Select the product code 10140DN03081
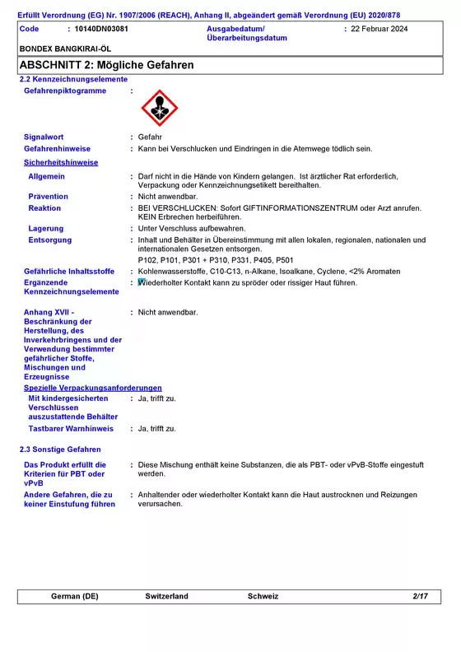pyautogui.click(x=101, y=29)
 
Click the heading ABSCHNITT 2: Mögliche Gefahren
pyautogui.click(x=106, y=64)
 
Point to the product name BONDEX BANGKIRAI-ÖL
pyautogui.click(x=65, y=49)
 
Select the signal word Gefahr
pyautogui.click(x=150, y=137)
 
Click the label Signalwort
pyautogui.click(x=44, y=137)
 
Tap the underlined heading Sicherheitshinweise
pyautogui.click(x=61, y=162)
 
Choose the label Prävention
pyautogui.click(x=49, y=197)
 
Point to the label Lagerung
pyautogui.click(x=46, y=228)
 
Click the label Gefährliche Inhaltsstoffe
pyautogui.click(x=69, y=271)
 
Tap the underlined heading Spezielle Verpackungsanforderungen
pyautogui.click(x=93, y=388)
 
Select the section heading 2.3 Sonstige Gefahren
pyautogui.click(x=60, y=449)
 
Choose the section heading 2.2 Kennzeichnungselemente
pyautogui.click(x=73, y=79)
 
